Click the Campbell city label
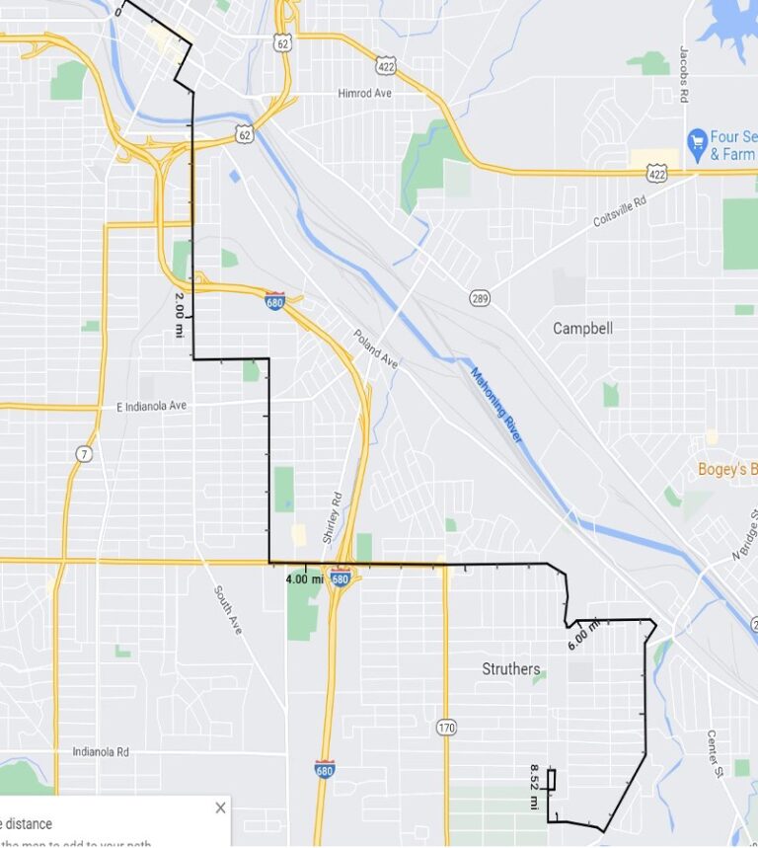point(582,328)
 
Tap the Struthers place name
point(510,669)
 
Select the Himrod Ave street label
point(364,94)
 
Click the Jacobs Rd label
point(683,74)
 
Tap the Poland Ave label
point(376,348)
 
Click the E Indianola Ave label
point(151,406)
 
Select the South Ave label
point(228,609)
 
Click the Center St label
point(717,752)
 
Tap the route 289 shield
point(479,296)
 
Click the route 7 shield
point(84,453)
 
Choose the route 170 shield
point(446,729)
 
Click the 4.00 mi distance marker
point(303,579)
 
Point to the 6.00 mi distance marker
point(583,635)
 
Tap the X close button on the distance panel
point(220,808)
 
